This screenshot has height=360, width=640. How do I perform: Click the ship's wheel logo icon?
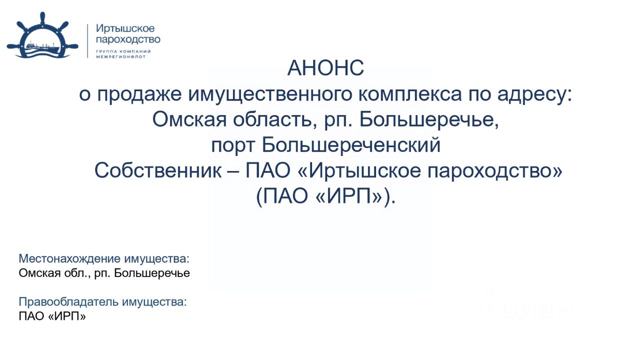[x=42, y=35]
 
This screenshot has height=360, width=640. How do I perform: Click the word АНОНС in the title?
[x=325, y=68]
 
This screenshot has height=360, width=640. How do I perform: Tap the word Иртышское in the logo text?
[x=125, y=29]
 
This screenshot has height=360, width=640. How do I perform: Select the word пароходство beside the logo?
[x=128, y=39]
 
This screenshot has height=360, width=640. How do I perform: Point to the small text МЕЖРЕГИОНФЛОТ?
[x=121, y=57]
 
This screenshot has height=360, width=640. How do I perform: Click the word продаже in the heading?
[x=139, y=94]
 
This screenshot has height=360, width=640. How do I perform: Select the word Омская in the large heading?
[x=189, y=119]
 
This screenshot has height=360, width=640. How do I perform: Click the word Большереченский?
[x=351, y=145]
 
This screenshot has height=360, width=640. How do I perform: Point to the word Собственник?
[x=157, y=170]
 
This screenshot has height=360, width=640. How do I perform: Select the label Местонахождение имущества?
[x=104, y=258]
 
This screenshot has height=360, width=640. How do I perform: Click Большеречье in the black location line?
[x=152, y=273]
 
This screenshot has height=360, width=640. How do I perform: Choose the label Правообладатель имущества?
[x=102, y=301]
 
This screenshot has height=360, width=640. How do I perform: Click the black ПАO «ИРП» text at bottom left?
[x=52, y=316]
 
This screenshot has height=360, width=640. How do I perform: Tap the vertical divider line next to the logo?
[x=87, y=41]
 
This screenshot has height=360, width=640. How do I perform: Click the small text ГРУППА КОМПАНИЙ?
[x=123, y=51]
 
